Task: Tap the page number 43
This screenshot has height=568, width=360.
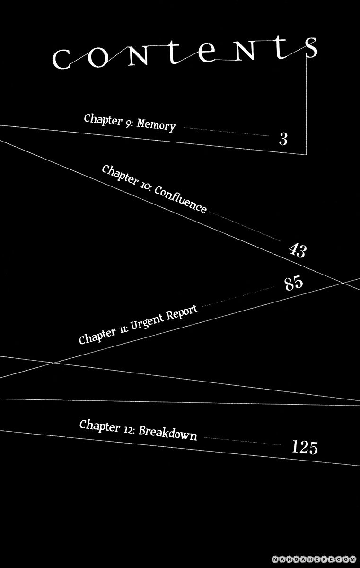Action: pyautogui.click(x=298, y=249)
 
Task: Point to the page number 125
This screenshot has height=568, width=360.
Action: pyautogui.click(x=305, y=447)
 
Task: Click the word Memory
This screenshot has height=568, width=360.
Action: pyautogui.click(x=158, y=125)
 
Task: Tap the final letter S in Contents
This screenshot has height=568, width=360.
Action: pyautogui.click(x=311, y=49)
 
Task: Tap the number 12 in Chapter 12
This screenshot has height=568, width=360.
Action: pyautogui.click(x=129, y=429)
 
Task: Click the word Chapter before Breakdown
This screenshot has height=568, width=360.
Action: pyautogui.click(x=99, y=426)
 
